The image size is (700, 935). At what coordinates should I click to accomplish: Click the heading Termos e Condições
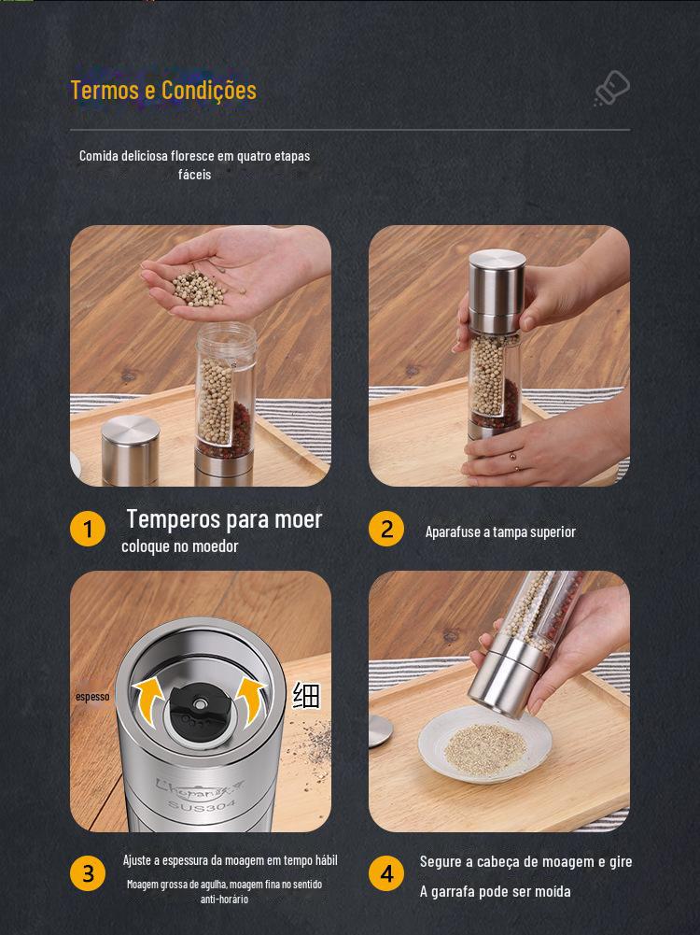pos(164,91)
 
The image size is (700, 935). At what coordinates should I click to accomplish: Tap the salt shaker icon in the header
pos(612,88)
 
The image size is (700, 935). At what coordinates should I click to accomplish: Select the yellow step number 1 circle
pos(88,529)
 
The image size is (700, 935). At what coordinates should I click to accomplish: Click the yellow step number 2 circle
pos(386,529)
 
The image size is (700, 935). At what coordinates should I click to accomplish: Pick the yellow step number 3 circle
pos(88,873)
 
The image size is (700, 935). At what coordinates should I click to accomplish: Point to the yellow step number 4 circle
pos(386,873)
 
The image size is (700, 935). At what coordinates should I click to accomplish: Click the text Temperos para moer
pos(224,518)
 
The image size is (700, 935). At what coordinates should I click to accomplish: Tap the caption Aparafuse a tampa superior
pos(500,531)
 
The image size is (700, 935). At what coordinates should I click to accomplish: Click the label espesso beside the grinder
pos(92,697)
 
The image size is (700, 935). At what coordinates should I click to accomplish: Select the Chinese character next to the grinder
pos(306,695)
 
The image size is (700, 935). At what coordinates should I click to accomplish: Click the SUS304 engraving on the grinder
pos(202,806)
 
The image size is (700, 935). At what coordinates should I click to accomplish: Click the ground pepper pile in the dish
pos(485,749)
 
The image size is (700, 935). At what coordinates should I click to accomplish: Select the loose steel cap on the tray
pos(130,450)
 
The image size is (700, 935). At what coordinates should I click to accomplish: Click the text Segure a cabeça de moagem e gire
pos(526,861)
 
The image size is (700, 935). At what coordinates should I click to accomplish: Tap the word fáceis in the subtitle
pos(195,175)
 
